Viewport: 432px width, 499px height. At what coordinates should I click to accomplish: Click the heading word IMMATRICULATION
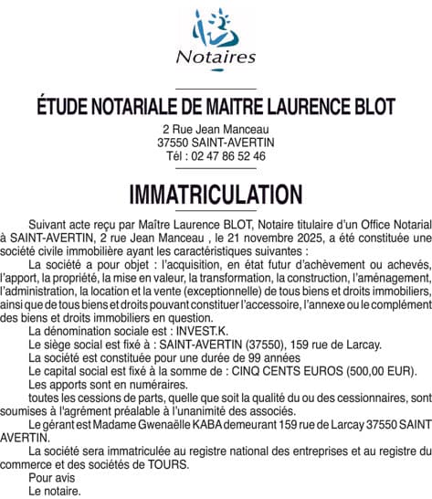216,195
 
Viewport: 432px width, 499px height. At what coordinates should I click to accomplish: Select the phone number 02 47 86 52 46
228,156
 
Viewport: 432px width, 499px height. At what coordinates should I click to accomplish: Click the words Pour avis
53,477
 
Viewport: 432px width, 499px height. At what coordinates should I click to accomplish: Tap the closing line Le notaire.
55,491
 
